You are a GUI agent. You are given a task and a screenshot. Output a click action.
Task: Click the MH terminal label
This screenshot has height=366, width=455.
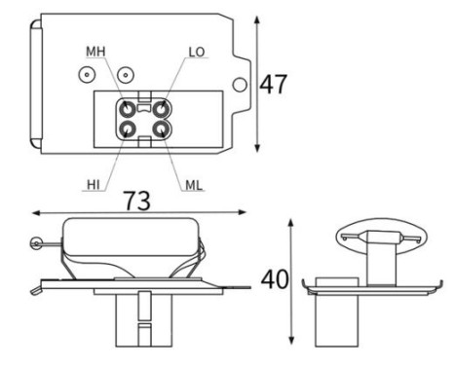pyautogui.click(x=95, y=52)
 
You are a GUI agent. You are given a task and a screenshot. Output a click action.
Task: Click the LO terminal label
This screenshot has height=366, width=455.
pyautogui.click(x=197, y=52)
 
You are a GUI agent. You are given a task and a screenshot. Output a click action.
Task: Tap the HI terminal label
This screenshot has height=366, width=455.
pyautogui.click(x=94, y=185)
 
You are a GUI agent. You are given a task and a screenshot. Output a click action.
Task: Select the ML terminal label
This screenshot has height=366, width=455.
pyautogui.click(x=194, y=185)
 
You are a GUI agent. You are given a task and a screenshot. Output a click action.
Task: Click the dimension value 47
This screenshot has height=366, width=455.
pyautogui.click(x=274, y=85)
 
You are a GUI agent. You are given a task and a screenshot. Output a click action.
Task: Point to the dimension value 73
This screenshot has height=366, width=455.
pyautogui.click(x=137, y=201)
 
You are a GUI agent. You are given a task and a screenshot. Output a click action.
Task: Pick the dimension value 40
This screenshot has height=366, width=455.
pyautogui.click(x=275, y=279)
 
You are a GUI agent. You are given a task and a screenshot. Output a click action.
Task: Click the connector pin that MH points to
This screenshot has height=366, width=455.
pyautogui.click(x=128, y=109)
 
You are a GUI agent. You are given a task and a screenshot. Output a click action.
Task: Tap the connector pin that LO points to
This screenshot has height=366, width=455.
pyautogui.click(x=161, y=109)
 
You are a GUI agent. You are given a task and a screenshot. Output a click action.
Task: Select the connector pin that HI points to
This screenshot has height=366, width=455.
pyautogui.click(x=128, y=129)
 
